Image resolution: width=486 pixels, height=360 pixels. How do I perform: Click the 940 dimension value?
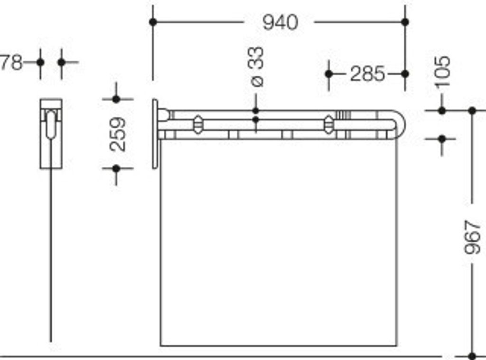pos(280,22)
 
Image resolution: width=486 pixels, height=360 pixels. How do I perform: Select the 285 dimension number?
pos(367,74)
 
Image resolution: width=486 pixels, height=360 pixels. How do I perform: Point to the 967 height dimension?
pos(472,237)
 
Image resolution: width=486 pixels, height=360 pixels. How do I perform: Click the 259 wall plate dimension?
pos(118,134)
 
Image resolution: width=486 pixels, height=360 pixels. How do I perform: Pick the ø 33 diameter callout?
pos(257,66)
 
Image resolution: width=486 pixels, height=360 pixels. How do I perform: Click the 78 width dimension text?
pos(11,63)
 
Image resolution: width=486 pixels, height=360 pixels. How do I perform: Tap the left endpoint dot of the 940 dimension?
pos(153,22)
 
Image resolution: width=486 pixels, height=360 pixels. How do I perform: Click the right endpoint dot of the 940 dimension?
pos(405,22)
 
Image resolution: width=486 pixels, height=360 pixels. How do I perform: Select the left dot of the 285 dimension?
pos(329,74)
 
